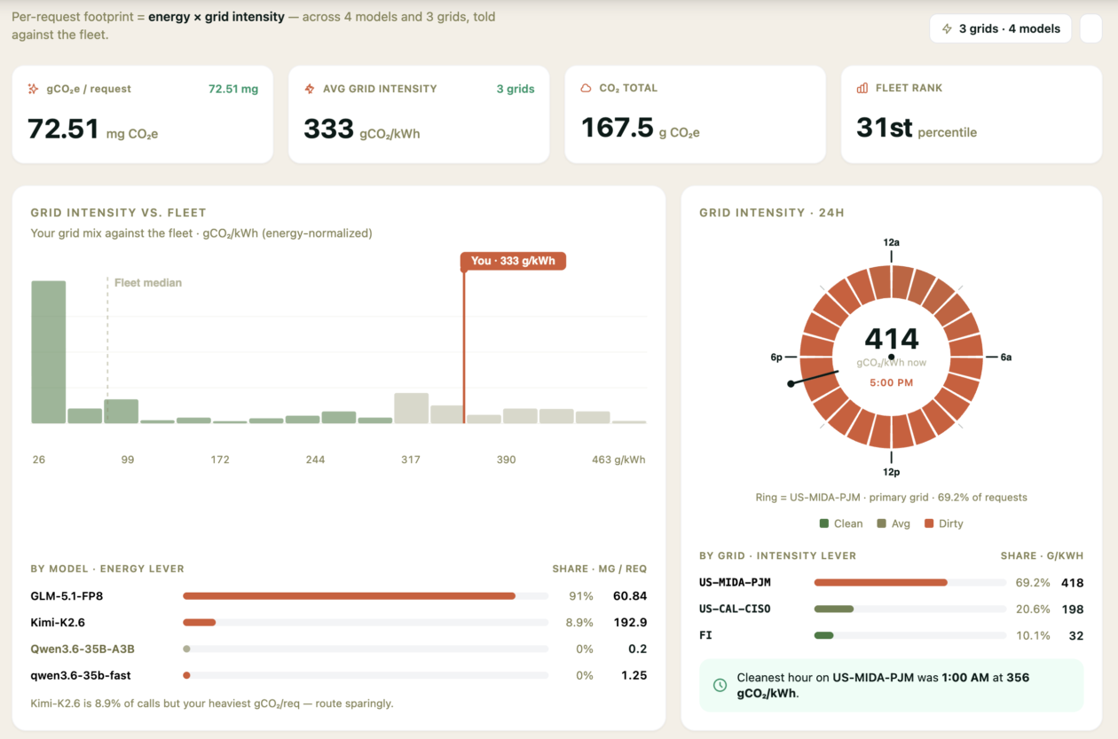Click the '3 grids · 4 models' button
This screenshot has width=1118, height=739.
tap(1000, 29)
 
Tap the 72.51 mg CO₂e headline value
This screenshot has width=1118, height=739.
tap(63, 129)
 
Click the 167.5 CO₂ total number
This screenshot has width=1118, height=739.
tap(617, 127)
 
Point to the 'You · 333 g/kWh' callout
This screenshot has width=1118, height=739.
tap(513, 261)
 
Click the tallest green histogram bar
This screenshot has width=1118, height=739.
tap(49, 352)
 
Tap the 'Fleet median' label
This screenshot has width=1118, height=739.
tap(147, 283)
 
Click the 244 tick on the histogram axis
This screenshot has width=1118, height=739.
tap(315, 460)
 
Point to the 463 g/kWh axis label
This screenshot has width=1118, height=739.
tap(618, 460)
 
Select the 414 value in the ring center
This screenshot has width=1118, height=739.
tap(892, 339)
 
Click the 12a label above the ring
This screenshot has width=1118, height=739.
tap(892, 242)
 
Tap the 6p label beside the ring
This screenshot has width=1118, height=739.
tap(776, 358)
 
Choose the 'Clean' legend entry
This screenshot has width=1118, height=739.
tap(841, 523)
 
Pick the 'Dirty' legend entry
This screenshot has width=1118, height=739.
tap(943, 523)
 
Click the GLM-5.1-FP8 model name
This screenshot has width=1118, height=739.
tap(67, 596)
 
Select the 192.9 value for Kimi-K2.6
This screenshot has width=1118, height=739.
tap(630, 622)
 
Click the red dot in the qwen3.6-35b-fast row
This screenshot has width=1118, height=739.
tap(186, 675)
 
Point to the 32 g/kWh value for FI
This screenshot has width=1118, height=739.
tap(1076, 635)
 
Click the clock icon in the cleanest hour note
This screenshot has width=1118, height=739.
tap(720, 685)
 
